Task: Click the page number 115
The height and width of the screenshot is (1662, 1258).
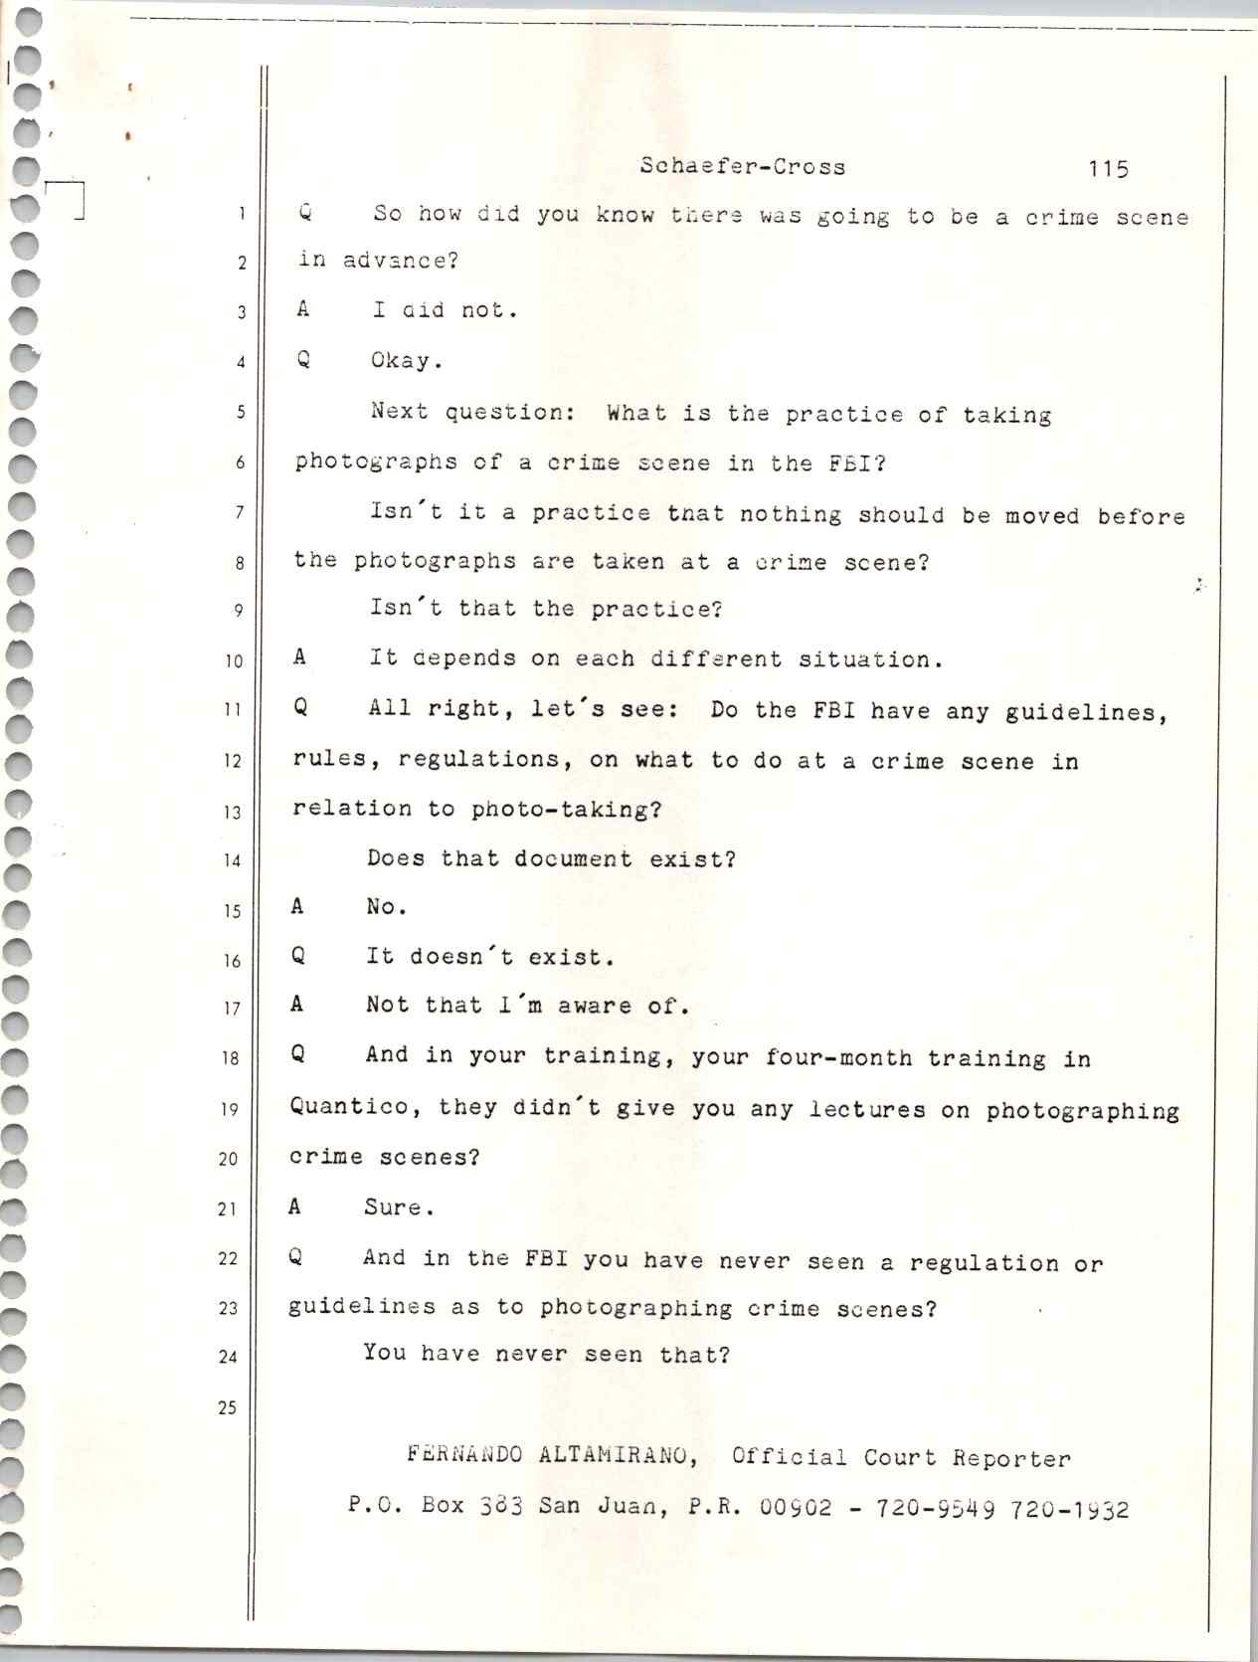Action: pos(1108,169)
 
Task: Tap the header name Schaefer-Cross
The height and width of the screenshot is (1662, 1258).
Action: pos(743,167)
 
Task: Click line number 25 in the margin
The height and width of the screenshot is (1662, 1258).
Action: pos(228,1407)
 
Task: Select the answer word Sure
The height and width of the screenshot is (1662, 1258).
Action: pos(398,1208)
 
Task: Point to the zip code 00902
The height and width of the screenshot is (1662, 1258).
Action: pos(796,1507)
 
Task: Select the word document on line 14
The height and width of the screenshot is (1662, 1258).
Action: pos(573,858)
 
